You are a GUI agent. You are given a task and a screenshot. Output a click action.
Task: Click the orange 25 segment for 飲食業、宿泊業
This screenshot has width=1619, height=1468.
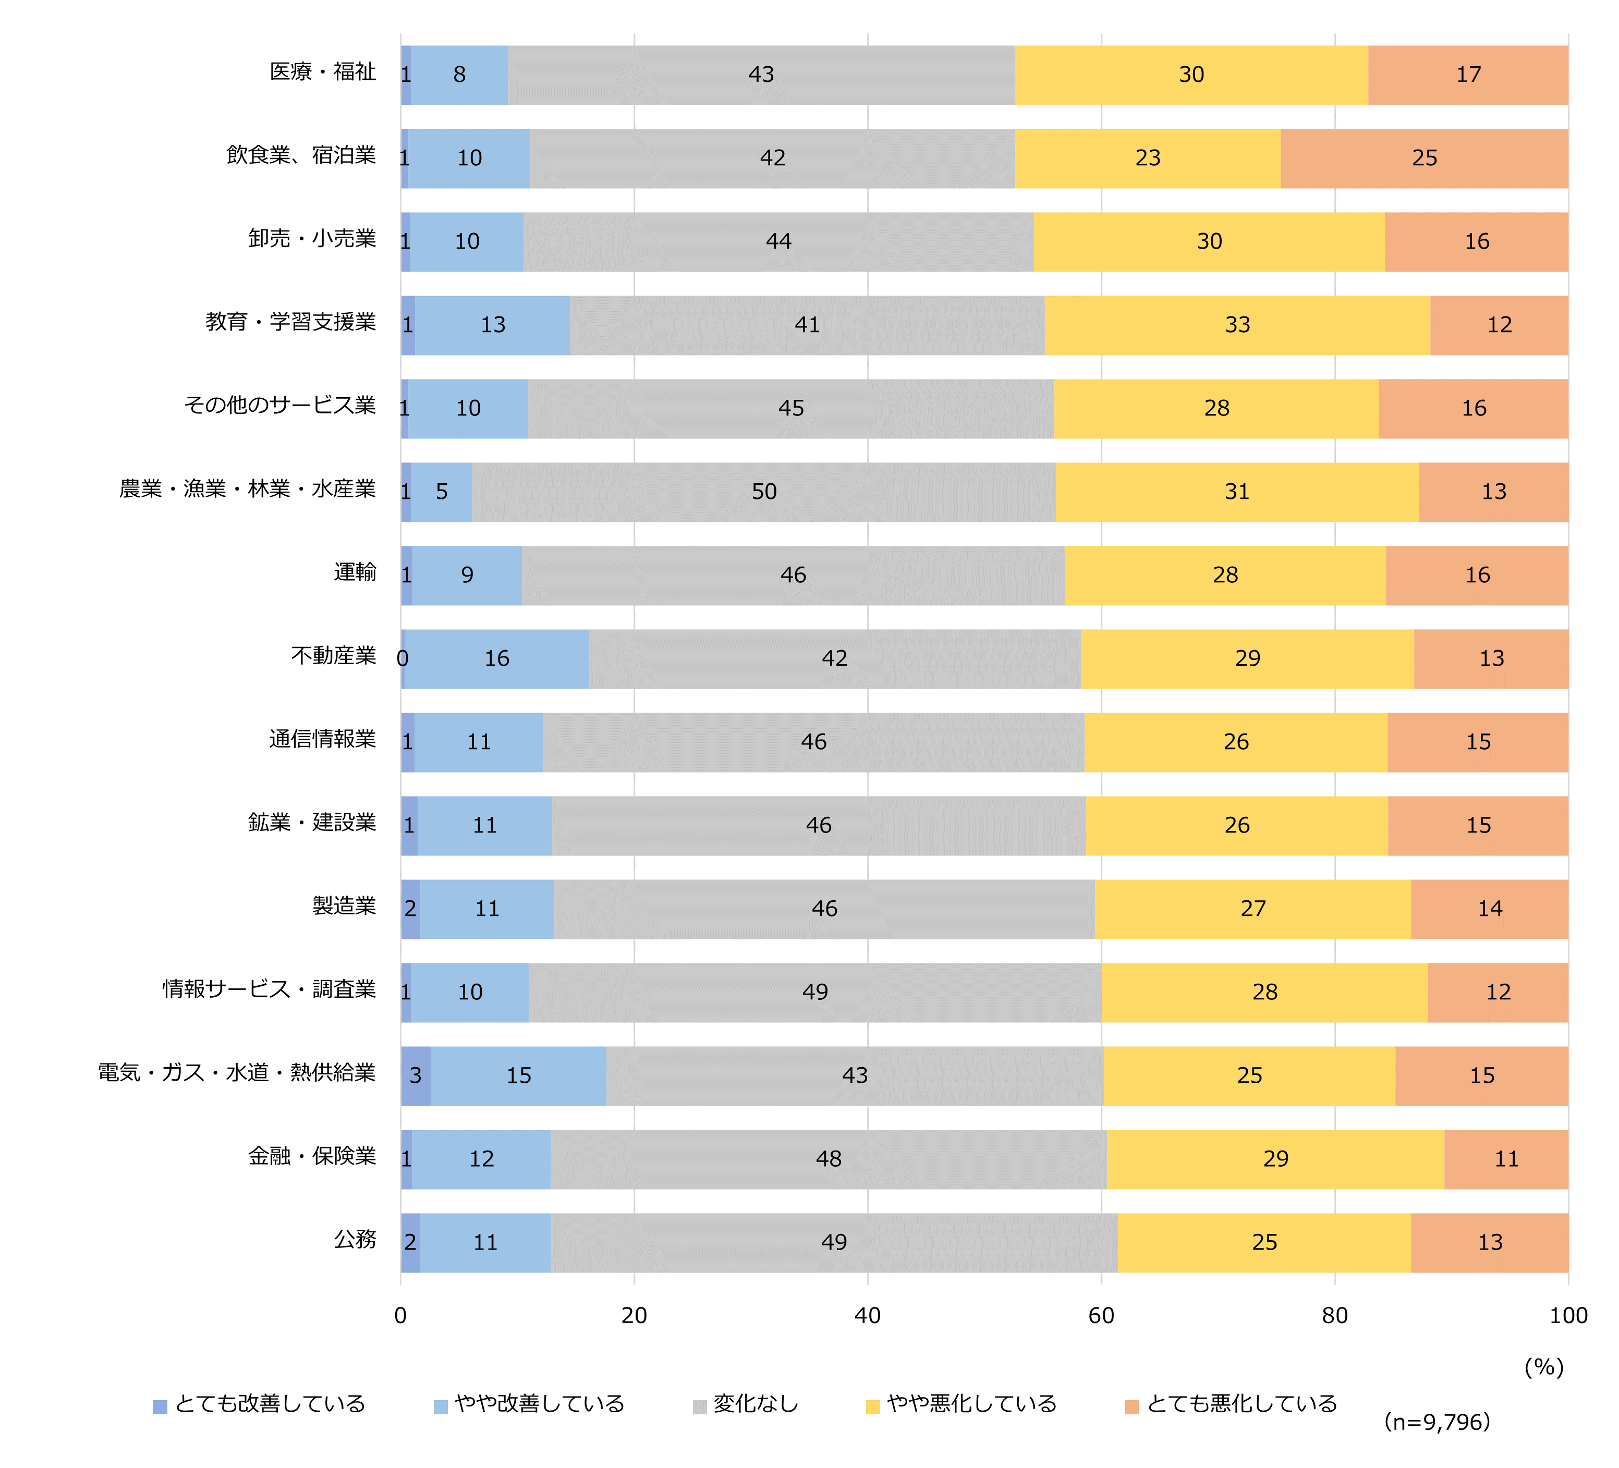point(1424,158)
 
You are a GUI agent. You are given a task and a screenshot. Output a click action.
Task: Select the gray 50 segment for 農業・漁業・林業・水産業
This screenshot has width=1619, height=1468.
point(764,492)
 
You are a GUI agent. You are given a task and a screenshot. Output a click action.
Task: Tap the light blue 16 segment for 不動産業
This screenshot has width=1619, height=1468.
point(496,658)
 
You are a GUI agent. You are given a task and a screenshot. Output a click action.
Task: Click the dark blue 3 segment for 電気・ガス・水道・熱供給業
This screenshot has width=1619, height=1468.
point(415,1075)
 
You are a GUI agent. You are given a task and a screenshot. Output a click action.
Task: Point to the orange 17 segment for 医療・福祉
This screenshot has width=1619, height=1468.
point(1468,75)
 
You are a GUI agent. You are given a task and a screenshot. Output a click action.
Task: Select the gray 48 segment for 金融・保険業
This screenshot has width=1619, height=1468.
point(828,1159)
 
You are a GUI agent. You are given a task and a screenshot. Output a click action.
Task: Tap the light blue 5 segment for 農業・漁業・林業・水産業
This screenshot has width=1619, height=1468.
point(442,492)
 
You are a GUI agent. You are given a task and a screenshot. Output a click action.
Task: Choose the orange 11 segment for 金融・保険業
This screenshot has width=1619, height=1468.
point(1506,1159)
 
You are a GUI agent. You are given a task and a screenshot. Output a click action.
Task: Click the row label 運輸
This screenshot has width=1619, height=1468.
point(355,572)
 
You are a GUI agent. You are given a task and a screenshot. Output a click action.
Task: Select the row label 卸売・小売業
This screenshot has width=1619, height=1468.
point(312,239)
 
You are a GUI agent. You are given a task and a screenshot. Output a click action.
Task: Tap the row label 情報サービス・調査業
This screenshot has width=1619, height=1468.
point(269,989)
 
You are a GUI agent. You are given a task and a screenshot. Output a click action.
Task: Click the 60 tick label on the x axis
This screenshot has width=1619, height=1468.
point(1101,1315)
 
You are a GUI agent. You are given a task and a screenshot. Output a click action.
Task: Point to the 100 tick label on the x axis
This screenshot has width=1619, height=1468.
point(1567,1315)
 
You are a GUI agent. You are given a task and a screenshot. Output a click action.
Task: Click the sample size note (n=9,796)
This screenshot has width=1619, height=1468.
point(1437,1422)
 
